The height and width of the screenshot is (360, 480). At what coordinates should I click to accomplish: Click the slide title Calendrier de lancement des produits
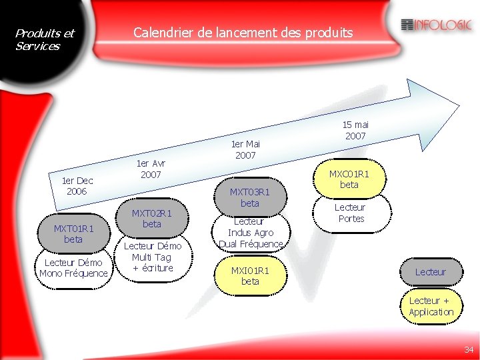[x=243, y=32]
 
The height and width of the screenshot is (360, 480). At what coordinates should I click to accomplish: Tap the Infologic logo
[x=437, y=25]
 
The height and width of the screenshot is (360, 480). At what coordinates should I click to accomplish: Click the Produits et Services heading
[x=45, y=39]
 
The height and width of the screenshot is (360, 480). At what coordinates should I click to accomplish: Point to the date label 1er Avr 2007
[x=151, y=169]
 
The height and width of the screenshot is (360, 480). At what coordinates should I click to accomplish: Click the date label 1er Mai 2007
[x=245, y=149]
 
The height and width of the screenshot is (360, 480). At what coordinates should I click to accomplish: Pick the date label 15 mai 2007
[x=355, y=130]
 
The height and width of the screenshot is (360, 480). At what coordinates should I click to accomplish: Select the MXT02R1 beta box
[x=152, y=218]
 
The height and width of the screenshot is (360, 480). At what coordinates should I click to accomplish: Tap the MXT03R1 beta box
[x=249, y=197]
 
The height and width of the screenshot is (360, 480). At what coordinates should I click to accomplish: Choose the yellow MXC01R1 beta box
[x=349, y=179]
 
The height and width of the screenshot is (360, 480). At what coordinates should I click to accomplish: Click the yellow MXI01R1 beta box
[x=249, y=276]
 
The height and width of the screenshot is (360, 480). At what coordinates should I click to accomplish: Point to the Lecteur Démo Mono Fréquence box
[x=73, y=268]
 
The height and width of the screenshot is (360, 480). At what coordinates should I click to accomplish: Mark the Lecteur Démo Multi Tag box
[x=152, y=257]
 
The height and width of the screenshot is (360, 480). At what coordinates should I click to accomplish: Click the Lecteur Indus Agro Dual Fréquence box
[x=250, y=233]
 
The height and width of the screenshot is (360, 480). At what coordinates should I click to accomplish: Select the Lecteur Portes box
[x=350, y=213]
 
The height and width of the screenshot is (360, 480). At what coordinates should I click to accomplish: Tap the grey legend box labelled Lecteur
[x=431, y=272]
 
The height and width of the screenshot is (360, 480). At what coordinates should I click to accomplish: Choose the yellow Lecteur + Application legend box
[x=431, y=307]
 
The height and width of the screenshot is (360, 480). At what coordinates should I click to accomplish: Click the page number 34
[x=469, y=349]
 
